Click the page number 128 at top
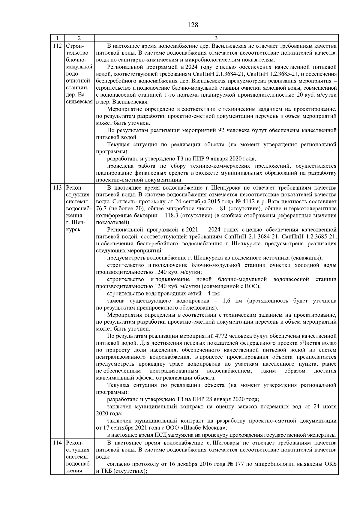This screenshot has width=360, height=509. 193,25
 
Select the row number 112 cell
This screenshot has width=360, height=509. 57,46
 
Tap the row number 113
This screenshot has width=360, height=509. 57,188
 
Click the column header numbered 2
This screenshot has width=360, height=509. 79,38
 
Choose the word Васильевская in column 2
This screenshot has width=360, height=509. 79,102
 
